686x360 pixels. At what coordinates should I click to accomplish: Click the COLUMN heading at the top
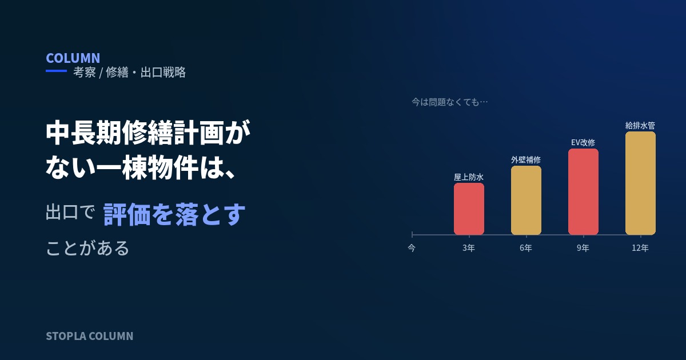pos(73,58)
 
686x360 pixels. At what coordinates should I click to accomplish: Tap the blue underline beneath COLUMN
pos(57,71)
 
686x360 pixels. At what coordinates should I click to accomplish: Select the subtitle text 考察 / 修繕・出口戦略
pos(129,73)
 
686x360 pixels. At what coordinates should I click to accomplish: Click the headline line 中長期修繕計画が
pos(148,133)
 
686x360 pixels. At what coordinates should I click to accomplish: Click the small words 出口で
pos(70,212)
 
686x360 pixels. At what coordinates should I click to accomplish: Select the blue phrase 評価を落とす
pos(174,214)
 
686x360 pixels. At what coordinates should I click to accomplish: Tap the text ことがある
pos(87,247)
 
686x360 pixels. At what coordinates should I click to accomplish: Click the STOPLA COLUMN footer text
pos(89,336)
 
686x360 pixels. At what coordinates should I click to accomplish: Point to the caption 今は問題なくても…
pos(449,102)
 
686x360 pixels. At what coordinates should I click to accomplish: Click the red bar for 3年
pos(469,209)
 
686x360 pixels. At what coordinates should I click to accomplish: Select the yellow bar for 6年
pos(526,201)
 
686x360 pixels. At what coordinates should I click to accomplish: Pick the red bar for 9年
pos(584,192)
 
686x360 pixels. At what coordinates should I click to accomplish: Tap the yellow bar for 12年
pos(640,183)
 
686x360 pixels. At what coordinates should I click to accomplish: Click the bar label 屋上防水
pos(469,177)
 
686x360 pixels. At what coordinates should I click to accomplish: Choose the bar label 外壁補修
pos(526,160)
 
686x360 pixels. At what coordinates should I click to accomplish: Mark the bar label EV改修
pos(583,143)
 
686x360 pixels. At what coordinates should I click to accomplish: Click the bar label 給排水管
pos(640,126)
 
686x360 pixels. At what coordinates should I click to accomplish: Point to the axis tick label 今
pos(412,247)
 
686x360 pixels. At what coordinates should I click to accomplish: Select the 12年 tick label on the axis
pos(640,247)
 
